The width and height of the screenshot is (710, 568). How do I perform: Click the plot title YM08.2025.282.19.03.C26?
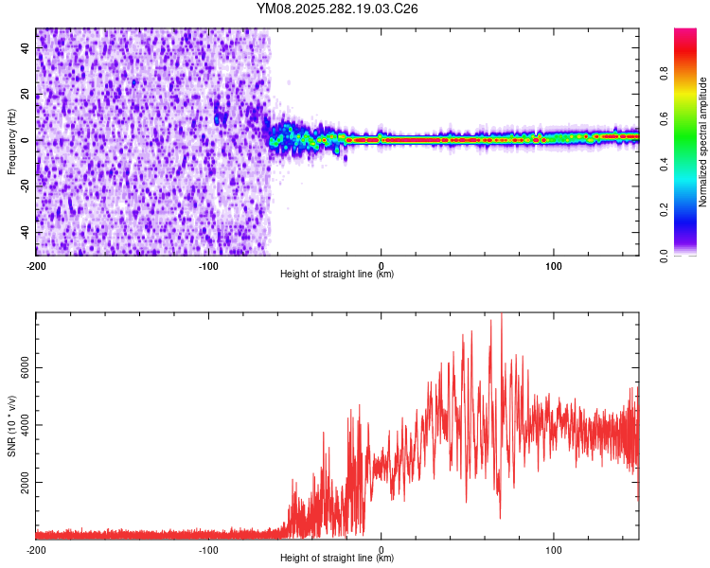[x=337, y=9]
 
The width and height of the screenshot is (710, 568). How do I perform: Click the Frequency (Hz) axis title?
[x=11, y=142]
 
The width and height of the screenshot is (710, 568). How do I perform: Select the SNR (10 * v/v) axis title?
[x=11, y=425]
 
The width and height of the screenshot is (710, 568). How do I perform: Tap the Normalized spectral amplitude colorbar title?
[x=703, y=142]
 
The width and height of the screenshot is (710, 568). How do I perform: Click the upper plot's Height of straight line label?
[x=337, y=274]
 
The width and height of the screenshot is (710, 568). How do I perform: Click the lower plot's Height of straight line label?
[x=337, y=558]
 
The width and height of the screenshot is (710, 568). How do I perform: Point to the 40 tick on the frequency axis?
[x=27, y=49]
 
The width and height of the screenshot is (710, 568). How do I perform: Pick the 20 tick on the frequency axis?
[x=27, y=95]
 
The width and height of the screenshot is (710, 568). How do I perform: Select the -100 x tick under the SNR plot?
[x=208, y=548]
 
